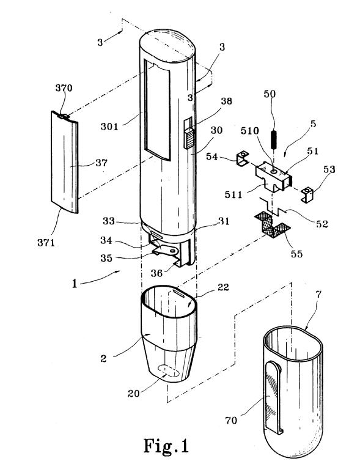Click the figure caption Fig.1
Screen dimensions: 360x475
click(x=166, y=446)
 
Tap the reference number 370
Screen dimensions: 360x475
click(x=64, y=88)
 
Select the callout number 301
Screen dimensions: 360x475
click(x=109, y=126)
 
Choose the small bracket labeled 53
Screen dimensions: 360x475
click(x=307, y=195)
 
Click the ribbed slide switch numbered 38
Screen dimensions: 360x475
click(x=188, y=138)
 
